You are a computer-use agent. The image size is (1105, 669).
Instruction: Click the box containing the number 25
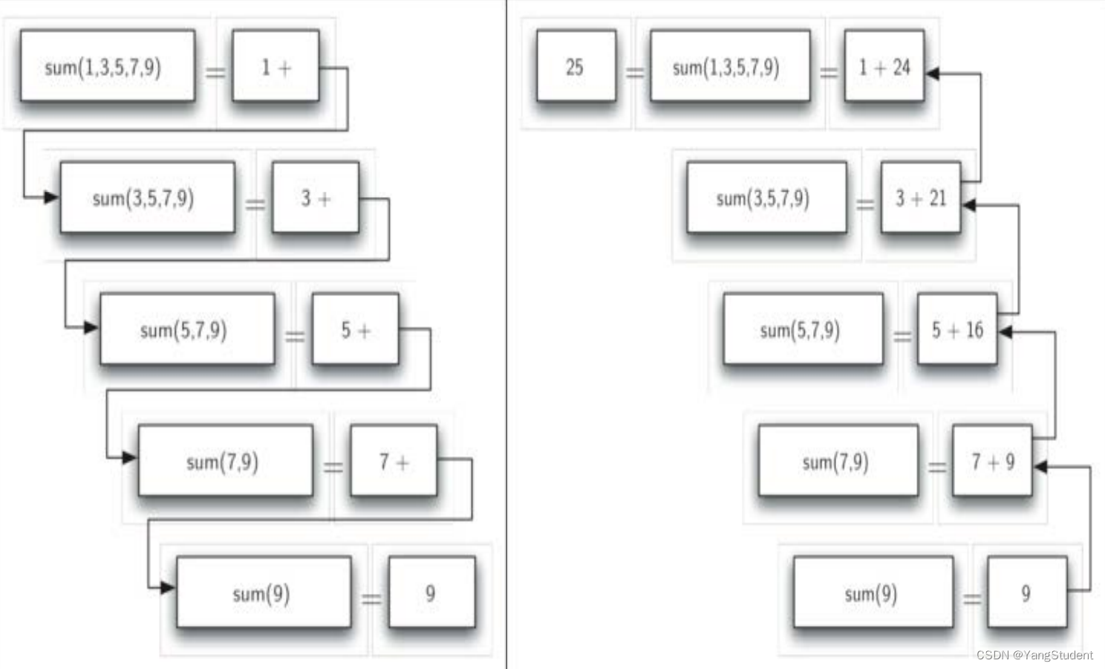coord(576,66)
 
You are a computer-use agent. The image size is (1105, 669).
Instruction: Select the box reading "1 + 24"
coord(884,66)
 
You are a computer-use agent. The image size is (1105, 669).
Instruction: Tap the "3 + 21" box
coord(920,198)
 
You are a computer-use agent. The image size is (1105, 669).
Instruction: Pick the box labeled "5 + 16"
coord(956,329)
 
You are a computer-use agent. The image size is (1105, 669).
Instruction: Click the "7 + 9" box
coord(992,461)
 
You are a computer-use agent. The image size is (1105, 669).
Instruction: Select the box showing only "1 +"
coord(276,66)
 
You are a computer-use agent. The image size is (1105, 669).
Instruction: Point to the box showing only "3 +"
coord(315,198)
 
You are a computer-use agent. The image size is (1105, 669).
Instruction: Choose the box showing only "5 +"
coord(355,329)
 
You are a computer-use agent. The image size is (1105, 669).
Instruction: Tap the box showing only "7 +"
coord(394,461)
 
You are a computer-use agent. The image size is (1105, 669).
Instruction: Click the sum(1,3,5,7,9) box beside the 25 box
coord(729,66)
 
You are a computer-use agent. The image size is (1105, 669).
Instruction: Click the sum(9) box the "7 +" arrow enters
coord(264,592)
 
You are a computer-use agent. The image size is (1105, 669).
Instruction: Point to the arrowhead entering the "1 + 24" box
coord(933,73)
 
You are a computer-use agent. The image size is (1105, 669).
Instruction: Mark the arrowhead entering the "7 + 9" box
coord(1040,466)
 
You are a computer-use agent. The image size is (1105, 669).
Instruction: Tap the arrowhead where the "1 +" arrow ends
coord(51,197)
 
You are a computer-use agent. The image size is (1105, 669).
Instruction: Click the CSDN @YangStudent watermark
coord(1034,655)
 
